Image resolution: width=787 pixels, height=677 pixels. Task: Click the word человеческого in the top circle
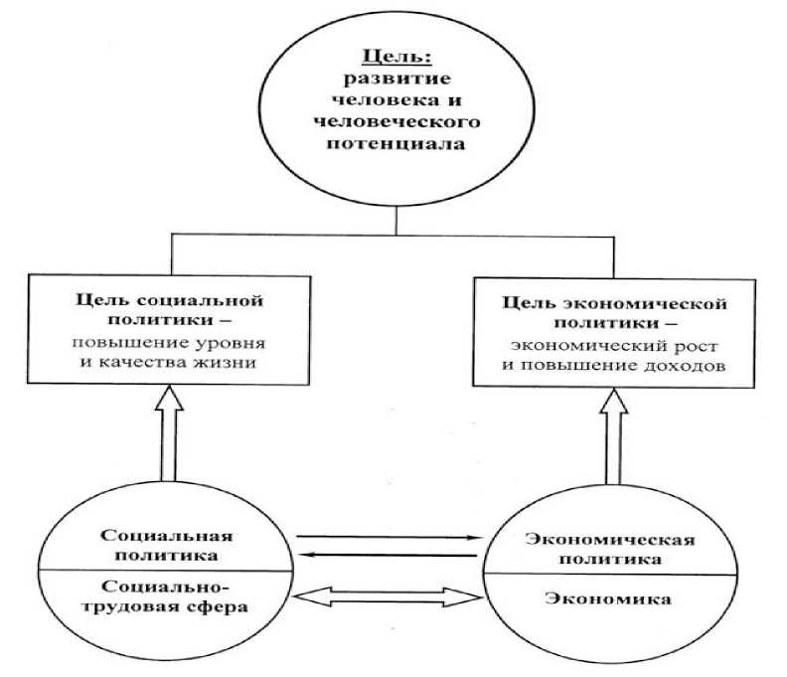click(397, 123)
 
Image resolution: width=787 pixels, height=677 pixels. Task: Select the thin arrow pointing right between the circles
click(388, 538)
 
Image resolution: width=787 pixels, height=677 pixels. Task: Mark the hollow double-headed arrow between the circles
click(388, 595)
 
